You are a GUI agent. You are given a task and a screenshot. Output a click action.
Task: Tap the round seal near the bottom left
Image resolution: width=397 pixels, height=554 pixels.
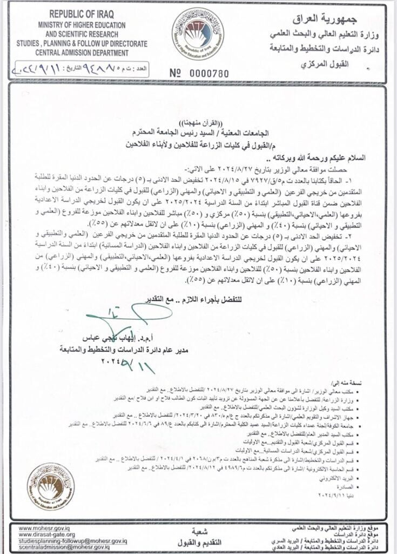tap(51, 487)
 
